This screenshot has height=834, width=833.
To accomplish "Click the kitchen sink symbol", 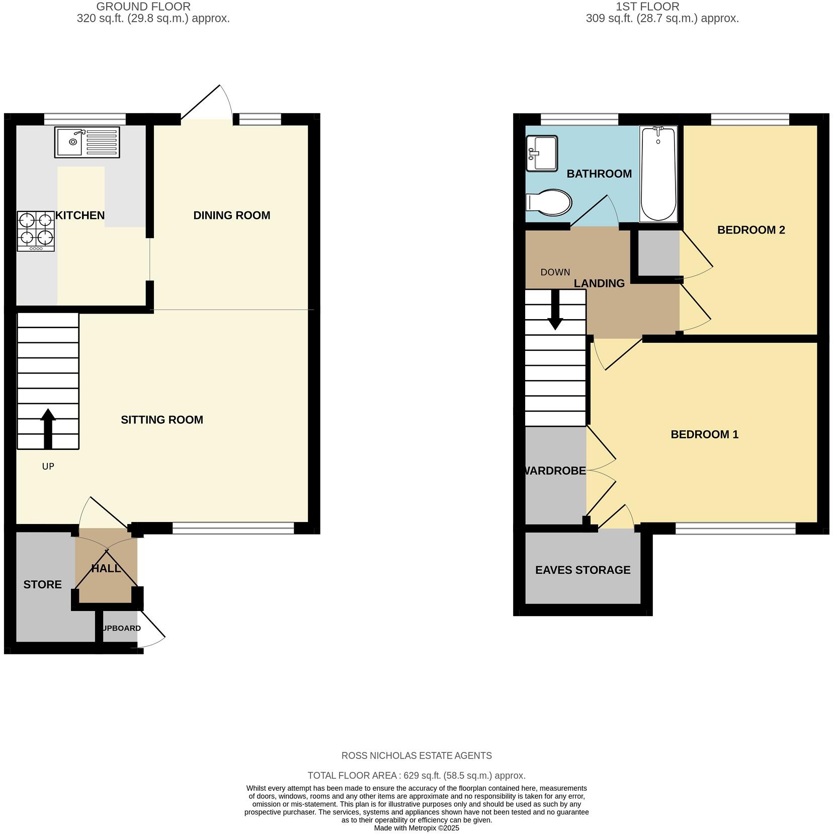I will (88, 142).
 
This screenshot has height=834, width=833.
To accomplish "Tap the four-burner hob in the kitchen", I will (36, 231).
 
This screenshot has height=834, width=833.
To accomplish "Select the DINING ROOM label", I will (231, 215).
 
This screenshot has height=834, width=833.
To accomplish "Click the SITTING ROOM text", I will (162, 420).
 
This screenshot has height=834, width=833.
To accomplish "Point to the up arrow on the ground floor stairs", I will (48, 428).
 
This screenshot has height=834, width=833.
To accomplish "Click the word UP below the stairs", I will (48, 467).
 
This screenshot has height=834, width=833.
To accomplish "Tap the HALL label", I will (106, 568).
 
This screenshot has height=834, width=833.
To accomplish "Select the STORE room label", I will (42, 584).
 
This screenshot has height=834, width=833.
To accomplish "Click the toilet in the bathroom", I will (549, 203).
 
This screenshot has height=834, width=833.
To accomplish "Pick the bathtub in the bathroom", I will (658, 174).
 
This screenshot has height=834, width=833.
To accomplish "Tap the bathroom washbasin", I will (542, 153).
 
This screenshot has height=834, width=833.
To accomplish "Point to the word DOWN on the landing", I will (555, 272).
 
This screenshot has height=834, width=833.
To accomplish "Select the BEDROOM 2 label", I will (751, 230).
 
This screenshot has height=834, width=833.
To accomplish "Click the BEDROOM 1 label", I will (704, 434).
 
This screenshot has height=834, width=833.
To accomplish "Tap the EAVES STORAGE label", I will (582, 570).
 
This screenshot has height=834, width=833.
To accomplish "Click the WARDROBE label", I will (555, 471).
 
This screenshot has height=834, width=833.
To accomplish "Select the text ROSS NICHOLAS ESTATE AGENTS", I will (416, 755).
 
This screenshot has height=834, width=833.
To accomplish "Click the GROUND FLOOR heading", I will (143, 7).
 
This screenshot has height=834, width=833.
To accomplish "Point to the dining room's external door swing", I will (211, 103).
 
